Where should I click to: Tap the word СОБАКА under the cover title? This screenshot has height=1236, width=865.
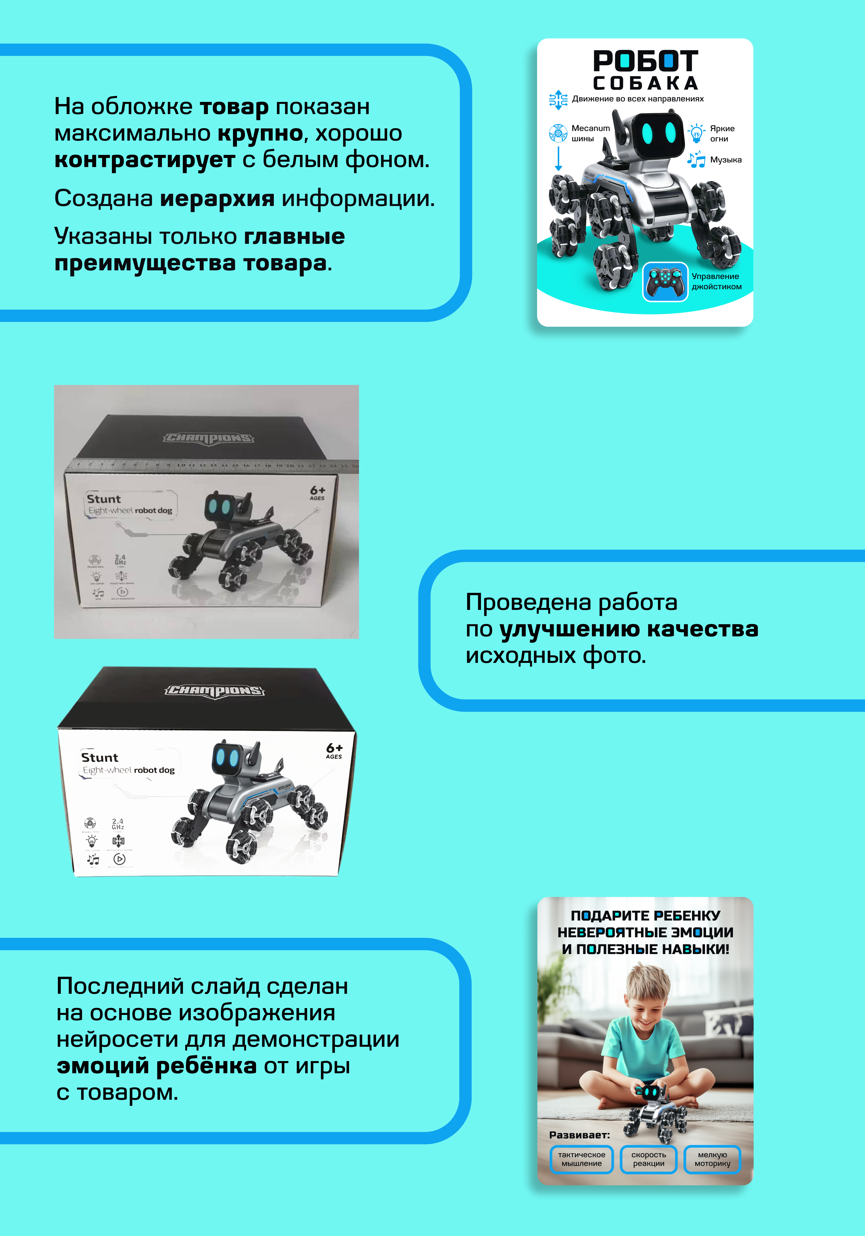[646, 84]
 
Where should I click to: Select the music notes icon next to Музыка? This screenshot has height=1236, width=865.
[696, 160]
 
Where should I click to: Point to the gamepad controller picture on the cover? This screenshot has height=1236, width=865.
[665, 281]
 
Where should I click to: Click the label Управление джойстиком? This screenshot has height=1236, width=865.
[716, 281]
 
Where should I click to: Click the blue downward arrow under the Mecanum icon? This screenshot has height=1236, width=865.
[558, 159]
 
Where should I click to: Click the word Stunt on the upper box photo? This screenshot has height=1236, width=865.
[104, 499]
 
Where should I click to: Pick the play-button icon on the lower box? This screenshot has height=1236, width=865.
[119, 859]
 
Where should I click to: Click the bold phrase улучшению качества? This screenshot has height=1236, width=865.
[629, 629]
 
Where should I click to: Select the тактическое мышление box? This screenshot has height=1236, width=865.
[581, 1159]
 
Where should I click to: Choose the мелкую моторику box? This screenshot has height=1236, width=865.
[712, 1159]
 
